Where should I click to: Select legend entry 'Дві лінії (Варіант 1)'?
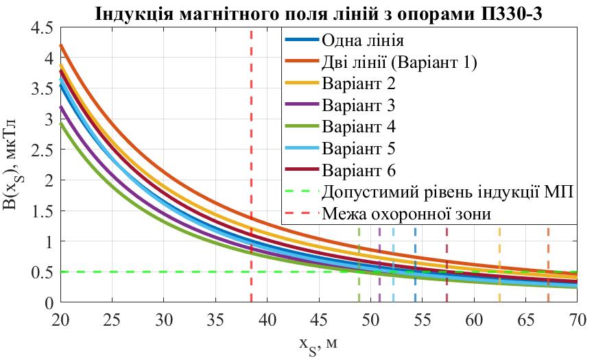point(399,62)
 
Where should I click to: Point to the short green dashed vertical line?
point(359,264)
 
